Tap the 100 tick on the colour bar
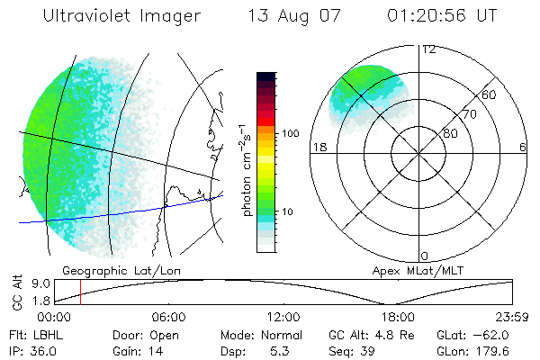[291, 132]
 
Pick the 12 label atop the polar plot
[427, 49]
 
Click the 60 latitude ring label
[490, 94]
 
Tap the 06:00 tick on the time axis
[168, 317]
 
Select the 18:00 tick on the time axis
[398, 317]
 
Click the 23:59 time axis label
[511, 317]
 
